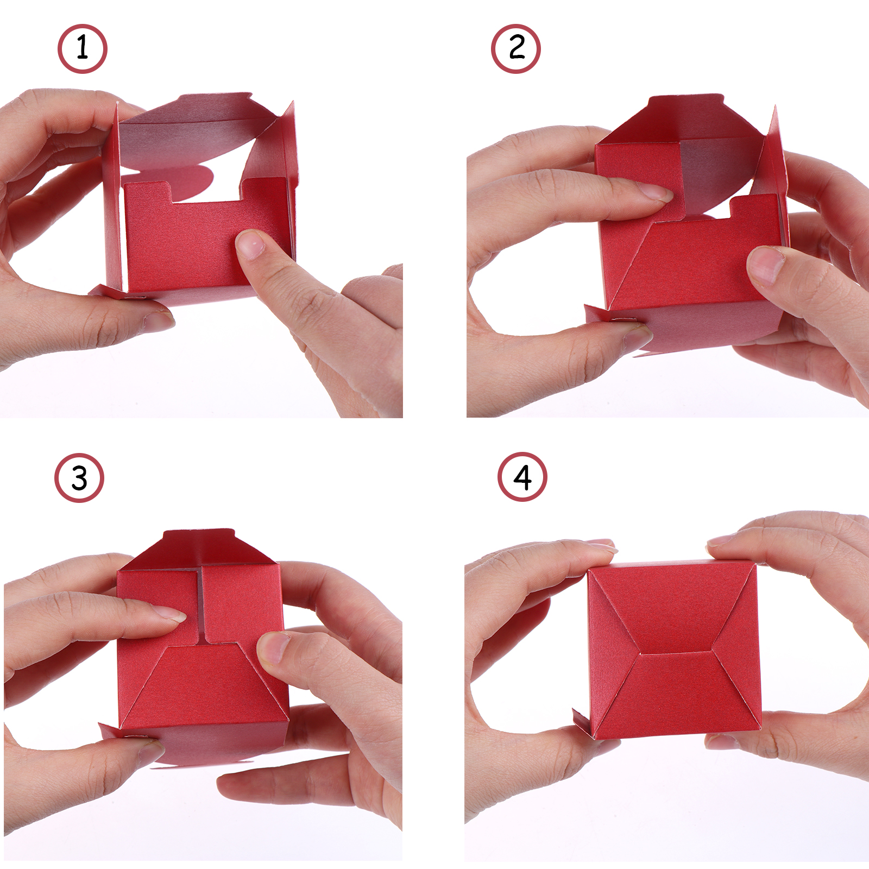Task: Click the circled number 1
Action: (x=83, y=49)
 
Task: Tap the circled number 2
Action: (x=516, y=49)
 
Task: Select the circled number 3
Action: (x=79, y=478)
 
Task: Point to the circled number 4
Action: (x=522, y=477)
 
